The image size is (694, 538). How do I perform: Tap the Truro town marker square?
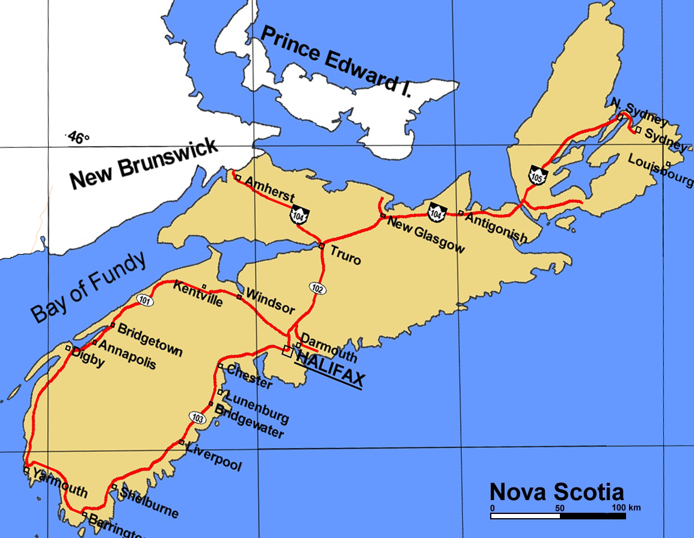point(322,246)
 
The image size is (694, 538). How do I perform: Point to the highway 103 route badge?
point(197,416)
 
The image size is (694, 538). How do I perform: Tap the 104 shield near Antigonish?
point(437,211)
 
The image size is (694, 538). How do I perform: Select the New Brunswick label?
point(144,163)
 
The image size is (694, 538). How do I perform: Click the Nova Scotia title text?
point(556,491)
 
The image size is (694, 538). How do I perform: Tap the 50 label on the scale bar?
point(560,508)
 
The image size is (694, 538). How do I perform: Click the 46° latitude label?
point(76,138)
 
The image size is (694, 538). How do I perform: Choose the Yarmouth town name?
point(60,483)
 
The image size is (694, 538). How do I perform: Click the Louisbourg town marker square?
point(669,162)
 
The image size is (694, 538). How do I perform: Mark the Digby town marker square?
point(69,349)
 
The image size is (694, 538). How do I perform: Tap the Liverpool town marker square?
point(182,442)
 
